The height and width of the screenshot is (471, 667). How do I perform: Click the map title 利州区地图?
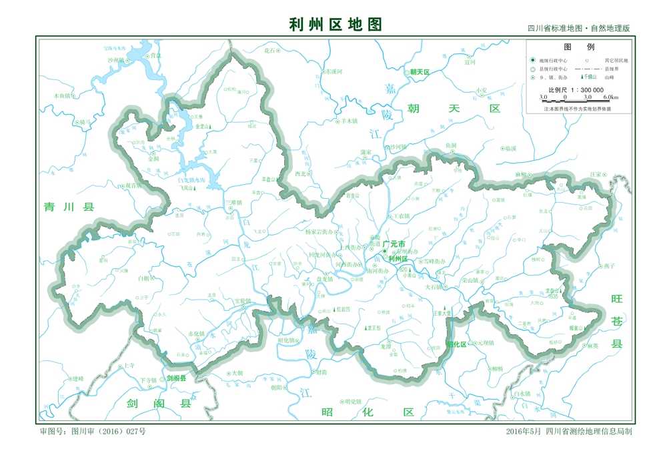[x=336, y=25]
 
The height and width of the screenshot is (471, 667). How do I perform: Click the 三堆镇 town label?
[x=233, y=201]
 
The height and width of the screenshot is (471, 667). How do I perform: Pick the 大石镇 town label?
[x=434, y=287]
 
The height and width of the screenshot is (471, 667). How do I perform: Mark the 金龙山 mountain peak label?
[x=203, y=125]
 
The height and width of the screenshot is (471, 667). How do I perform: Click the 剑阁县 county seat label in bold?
[x=176, y=378]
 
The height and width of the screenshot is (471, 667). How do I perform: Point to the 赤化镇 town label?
[x=196, y=333]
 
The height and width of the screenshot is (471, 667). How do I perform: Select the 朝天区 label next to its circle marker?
[x=420, y=71]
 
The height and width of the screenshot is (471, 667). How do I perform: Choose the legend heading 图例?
[x=579, y=47]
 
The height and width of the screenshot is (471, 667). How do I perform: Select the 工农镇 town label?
[x=401, y=216]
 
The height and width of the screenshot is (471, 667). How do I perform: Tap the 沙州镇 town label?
[x=116, y=60]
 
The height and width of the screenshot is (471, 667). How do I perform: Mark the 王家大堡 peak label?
[x=441, y=312]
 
